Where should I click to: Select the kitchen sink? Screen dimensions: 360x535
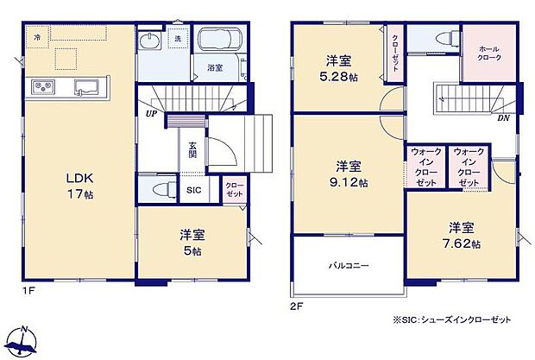pyautogui.click(x=87, y=86)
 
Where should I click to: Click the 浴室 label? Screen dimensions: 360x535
pyautogui.click(x=215, y=66)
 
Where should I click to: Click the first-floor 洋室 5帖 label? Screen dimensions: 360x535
pyautogui.click(x=192, y=243)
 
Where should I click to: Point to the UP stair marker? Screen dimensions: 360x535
pyautogui.click(x=151, y=113)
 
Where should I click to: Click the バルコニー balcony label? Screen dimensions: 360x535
pyautogui.click(x=348, y=267)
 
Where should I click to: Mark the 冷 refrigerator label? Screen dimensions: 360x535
pyautogui.click(x=37, y=39)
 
